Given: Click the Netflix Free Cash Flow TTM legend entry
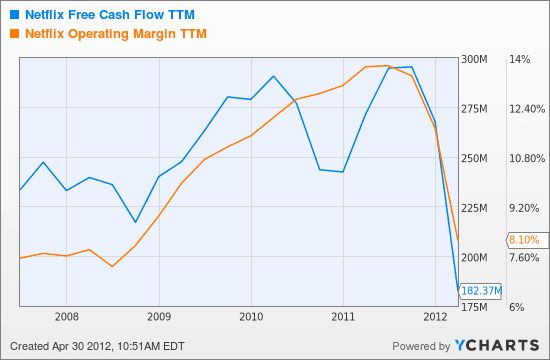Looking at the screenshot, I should (111, 14).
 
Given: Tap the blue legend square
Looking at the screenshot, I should (13, 14).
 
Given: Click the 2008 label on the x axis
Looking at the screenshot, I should (67, 317).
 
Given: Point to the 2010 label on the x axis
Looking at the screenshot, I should (251, 317).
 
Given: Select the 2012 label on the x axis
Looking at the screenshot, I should (435, 317).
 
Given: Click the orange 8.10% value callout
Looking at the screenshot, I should (524, 240).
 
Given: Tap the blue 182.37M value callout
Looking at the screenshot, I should (481, 291).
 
